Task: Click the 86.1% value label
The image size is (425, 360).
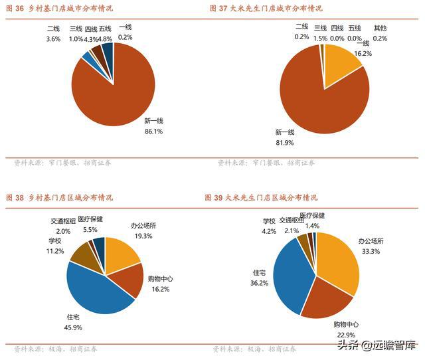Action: (153, 132)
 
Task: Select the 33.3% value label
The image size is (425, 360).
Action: (371, 251)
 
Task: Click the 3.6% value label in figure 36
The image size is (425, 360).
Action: (53, 39)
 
